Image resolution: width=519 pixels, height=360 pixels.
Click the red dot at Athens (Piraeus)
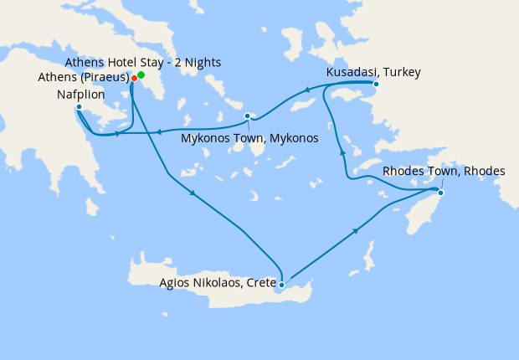[134, 79]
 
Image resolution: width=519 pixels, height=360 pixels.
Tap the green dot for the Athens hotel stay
[141, 75]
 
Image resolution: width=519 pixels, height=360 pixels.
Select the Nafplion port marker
[79, 107]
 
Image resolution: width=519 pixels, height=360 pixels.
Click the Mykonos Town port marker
[247, 116]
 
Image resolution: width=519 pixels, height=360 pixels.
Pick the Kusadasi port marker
[376, 84]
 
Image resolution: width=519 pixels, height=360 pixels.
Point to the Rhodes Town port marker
[441, 194]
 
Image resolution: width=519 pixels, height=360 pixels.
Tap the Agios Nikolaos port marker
[282, 285]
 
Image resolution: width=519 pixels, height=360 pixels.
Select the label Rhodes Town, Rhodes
[444, 171]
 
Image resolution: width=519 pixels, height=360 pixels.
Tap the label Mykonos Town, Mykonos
[249, 138]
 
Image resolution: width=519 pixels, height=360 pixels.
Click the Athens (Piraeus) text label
[83, 78]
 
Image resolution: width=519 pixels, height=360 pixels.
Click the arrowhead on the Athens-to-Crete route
[194, 195]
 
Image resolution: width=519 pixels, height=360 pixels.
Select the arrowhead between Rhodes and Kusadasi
[341, 152]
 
